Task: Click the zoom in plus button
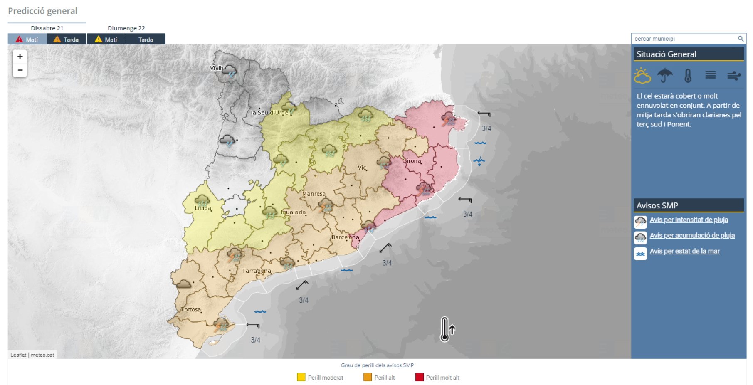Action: click(20, 57)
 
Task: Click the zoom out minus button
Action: click(20, 70)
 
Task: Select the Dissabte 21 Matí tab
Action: click(27, 39)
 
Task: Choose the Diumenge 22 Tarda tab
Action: click(146, 39)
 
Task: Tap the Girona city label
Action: click(412, 161)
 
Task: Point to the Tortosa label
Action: click(191, 310)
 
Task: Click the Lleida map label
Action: click(203, 208)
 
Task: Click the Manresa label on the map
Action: click(314, 194)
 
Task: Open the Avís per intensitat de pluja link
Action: click(689, 220)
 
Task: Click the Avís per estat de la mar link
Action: click(684, 251)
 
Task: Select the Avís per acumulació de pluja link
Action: click(692, 236)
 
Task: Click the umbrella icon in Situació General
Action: click(665, 76)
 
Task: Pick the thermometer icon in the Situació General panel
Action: click(688, 76)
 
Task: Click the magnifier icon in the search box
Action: click(741, 39)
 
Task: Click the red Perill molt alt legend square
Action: click(419, 377)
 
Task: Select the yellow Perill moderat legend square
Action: click(301, 377)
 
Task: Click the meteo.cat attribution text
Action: click(42, 355)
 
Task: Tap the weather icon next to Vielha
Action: click(229, 71)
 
